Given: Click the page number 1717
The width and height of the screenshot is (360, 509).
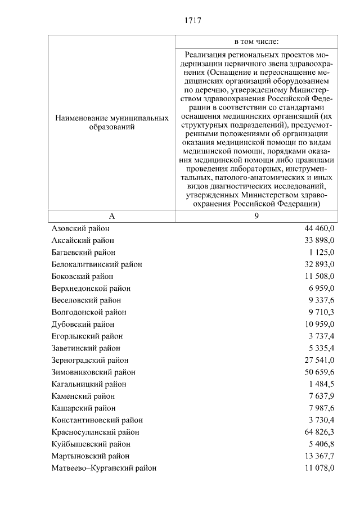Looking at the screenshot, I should pyautogui.click(x=192, y=21).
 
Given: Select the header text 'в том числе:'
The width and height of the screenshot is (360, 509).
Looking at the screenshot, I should pyautogui.click(x=256, y=42).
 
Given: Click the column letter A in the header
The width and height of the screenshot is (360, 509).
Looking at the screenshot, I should pyautogui.click(x=112, y=217).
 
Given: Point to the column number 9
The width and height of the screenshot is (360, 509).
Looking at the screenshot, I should pyautogui.click(x=256, y=217).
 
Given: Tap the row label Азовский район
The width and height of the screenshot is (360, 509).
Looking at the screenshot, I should pyautogui.click(x=80, y=228).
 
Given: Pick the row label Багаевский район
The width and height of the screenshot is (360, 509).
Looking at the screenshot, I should pyautogui.click(x=83, y=253).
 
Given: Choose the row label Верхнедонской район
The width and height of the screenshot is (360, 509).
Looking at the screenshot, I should pyautogui.click(x=91, y=289).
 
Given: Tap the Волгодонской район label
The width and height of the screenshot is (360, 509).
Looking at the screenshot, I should pyautogui.click(x=88, y=312).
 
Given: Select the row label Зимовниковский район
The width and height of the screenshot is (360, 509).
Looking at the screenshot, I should pyautogui.click(x=93, y=372).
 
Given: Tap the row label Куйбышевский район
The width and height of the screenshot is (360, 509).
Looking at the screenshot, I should pyautogui.click(x=86, y=444).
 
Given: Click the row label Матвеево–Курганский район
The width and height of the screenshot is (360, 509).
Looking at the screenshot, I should pyautogui.click(x=103, y=468).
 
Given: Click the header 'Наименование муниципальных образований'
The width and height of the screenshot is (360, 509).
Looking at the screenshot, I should pyautogui.click(x=112, y=123).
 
